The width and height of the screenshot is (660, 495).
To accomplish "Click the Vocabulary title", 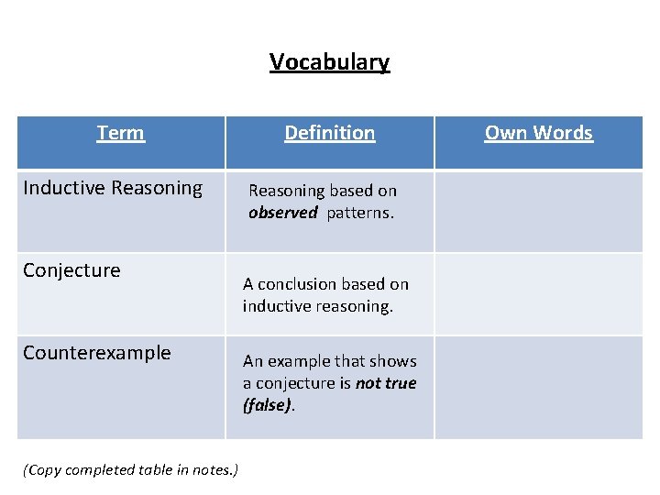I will coord(329,62).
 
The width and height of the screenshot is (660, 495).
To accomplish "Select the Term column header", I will coord(120,133).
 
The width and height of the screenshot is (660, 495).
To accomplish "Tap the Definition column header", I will coord(329,133).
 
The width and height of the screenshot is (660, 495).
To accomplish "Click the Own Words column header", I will coord(538,133).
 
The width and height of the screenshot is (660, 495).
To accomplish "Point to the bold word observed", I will coord(282,213).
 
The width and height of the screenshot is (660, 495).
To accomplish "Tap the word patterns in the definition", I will coord(360,213).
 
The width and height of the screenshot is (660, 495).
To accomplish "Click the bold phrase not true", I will coord(386,383).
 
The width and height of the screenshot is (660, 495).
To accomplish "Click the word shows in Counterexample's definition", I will coord(393,361).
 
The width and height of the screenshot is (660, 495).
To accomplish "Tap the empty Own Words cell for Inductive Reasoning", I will coord(538,211).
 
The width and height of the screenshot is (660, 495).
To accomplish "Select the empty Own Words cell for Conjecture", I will coord(538,293).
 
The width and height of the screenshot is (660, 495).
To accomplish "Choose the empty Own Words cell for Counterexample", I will coord(538,387).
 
